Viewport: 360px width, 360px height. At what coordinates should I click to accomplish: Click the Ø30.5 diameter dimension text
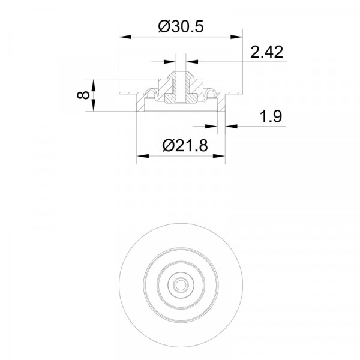(181, 26)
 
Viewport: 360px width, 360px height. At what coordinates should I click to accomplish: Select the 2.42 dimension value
(266, 52)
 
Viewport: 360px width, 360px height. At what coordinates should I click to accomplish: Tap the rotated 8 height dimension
(83, 95)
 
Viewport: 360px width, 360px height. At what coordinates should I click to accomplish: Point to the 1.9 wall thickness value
(271, 116)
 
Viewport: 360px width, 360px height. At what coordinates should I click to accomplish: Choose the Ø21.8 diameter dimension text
(185, 145)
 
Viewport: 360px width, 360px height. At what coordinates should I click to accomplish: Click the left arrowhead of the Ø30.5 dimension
(125, 37)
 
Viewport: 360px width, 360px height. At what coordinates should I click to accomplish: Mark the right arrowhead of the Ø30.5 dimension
(236, 37)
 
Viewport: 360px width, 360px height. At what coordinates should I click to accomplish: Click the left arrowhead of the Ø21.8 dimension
(143, 156)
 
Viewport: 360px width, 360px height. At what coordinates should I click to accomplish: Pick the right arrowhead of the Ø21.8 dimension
(219, 156)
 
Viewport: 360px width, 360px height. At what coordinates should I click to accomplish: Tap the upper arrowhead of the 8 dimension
(93, 85)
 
